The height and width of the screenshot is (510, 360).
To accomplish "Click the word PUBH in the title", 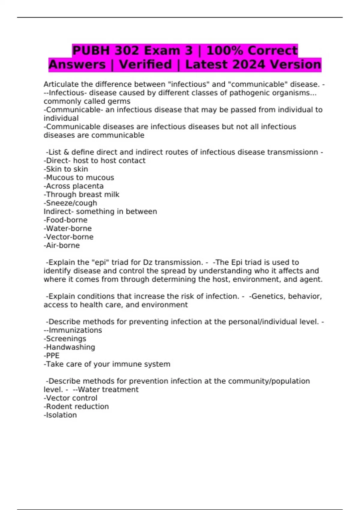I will [91, 50].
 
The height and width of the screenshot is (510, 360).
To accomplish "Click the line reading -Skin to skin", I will [66, 169].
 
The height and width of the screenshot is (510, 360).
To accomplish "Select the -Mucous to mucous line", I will [79, 178].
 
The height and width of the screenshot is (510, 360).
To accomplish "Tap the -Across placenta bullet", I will [74, 186].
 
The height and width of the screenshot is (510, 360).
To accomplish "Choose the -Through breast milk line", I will [82, 194].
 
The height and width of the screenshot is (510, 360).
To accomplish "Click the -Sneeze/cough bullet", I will [70, 203].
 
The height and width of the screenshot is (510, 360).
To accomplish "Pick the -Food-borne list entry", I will [66, 220].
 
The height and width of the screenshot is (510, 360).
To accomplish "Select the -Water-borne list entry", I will [68, 228].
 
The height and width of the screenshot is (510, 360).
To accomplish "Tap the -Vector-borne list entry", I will [69, 237].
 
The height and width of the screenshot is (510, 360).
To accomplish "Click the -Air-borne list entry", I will [62, 245].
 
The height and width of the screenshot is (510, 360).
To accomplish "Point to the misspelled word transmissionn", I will [292, 152].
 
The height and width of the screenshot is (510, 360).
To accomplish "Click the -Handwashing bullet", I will [70, 347].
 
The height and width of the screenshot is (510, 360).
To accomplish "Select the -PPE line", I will [52, 355].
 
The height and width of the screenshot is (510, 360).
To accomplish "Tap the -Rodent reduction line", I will [76, 406].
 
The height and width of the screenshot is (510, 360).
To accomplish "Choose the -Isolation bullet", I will [60, 415].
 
